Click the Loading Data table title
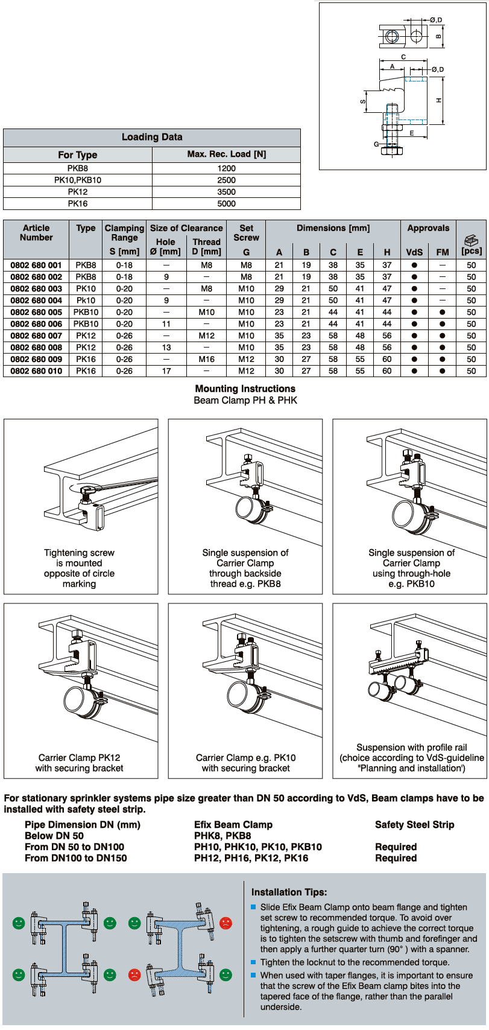[152, 137]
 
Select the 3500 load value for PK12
[226, 192]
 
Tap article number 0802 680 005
[36, 312]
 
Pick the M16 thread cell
[206, 359]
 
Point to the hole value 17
[166, 371]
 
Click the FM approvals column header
[442, 252]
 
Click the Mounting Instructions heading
[245, 389]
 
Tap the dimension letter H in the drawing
[440, 100]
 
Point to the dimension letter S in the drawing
[363, 101]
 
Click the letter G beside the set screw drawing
[376, 144]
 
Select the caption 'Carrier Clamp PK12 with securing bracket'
[79, 763]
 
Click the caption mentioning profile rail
[411, 757]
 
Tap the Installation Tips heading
[289, 892]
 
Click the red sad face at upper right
[226, 923]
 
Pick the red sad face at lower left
[134, 974]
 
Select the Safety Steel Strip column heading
[414, 824]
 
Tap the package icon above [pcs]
[471, 240]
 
